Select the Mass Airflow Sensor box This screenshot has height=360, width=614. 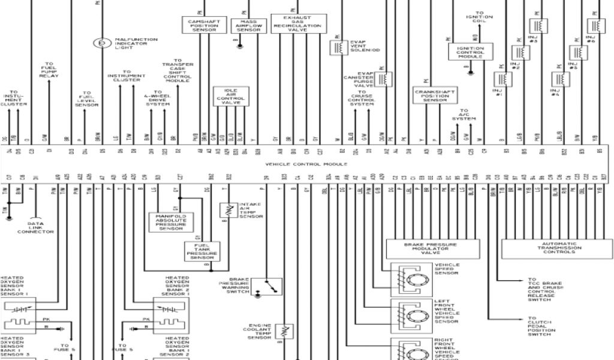coord(249,26)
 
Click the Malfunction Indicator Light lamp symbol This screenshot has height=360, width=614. coord(102,43)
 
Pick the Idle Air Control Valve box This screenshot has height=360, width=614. coord(231,97)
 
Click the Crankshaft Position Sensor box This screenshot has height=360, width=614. coord(435,95)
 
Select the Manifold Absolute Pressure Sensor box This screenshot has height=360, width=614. coord(170,221)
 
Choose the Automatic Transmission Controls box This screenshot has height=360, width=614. coord(556,248)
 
